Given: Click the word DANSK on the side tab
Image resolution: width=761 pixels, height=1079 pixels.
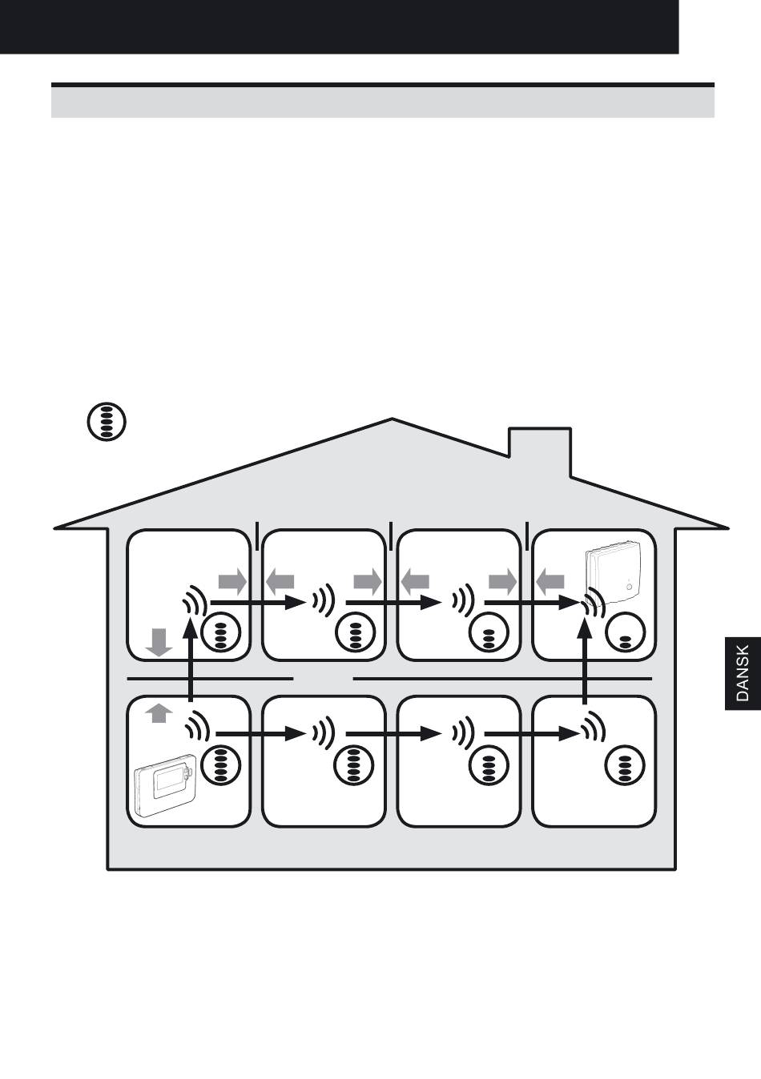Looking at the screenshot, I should coord(742,673).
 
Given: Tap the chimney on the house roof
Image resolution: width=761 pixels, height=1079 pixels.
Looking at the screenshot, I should coord(540,448).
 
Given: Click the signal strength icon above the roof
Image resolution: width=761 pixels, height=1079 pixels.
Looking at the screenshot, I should coord(107,421).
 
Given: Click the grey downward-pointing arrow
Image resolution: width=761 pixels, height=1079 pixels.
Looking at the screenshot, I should coord(160,642).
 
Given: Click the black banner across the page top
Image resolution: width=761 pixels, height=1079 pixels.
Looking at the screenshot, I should coord(339,26).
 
